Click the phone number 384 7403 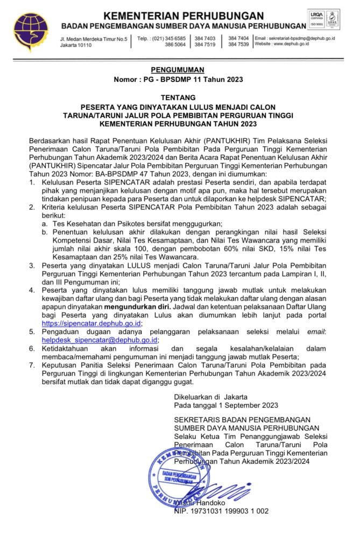click(205, 38)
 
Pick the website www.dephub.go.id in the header click(289, 45)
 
